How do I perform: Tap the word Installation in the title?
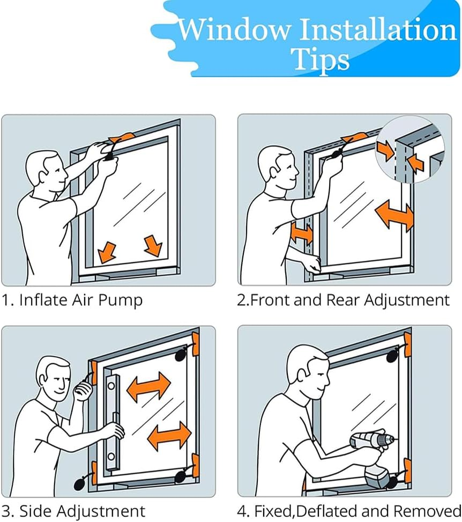(x=378, y=30)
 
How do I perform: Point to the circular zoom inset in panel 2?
(x=410, y=149)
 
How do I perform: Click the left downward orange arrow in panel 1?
(x=107, y=252)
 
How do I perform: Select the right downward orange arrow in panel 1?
(x=153, y=246)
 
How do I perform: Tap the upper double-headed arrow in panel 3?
(x=148, y=386)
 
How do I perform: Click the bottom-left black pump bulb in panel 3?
(x=80, y=482)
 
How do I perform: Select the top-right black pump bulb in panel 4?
(x=392, y=357)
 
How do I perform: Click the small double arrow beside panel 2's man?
(x=302, y=233)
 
